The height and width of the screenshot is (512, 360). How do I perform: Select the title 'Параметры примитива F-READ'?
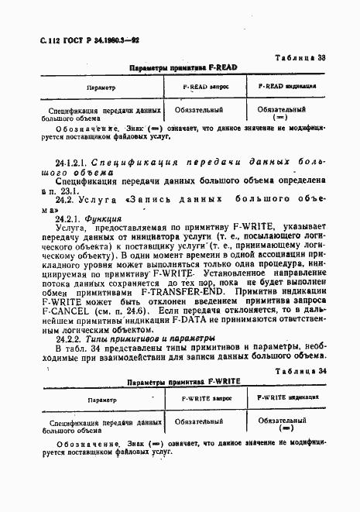click(x=183, y=68)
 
